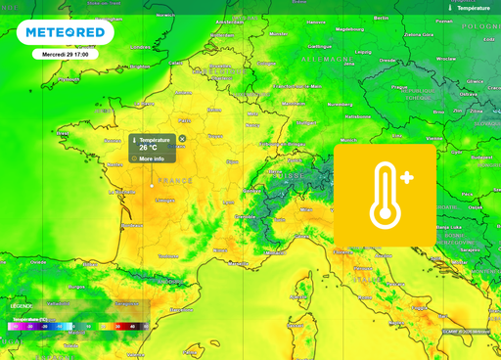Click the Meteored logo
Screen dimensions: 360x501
(65, 32)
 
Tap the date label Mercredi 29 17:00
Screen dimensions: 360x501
(66, 55)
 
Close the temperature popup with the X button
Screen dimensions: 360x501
(182, 139)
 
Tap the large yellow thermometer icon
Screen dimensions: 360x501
(385, 197)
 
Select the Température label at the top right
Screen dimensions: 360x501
(472, 7)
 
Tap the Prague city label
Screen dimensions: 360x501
(399, 87)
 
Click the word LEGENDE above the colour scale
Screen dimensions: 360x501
(22, 306)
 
